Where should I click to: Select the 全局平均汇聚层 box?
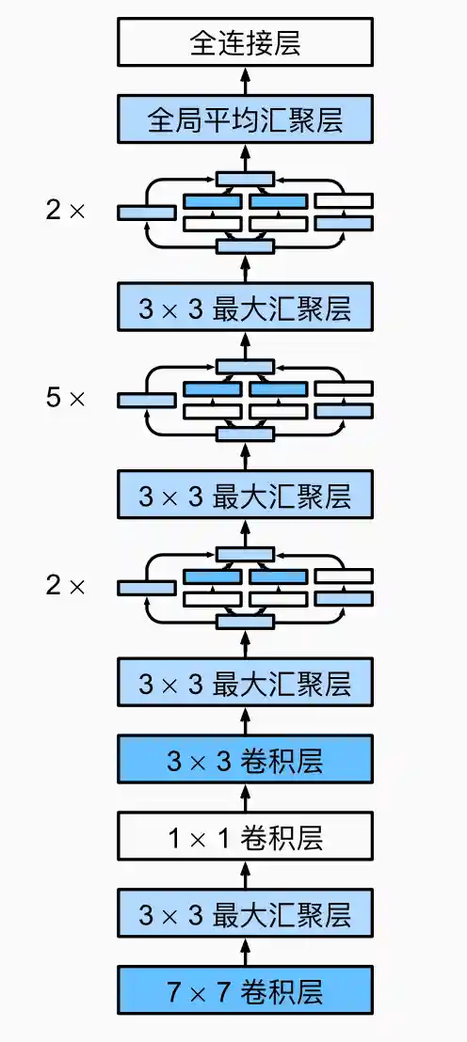[x=245, y=119]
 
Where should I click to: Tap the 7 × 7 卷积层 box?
[x=245, y=991]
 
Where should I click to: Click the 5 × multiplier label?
[x=65, y=399]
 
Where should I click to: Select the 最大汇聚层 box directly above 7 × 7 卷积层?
[x=245, y=913]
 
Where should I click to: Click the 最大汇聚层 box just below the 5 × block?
[x=245, y=496]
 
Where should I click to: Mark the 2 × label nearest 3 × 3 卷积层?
[x=65, y=587]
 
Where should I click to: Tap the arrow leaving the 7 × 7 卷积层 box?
[x=245, y=953]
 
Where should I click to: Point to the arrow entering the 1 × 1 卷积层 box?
[x=245, y=875]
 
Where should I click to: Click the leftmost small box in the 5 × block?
[x=146, y=401]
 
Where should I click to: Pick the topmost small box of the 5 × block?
[x=245, y=366]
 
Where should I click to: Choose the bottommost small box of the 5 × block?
[x=245, y=434]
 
